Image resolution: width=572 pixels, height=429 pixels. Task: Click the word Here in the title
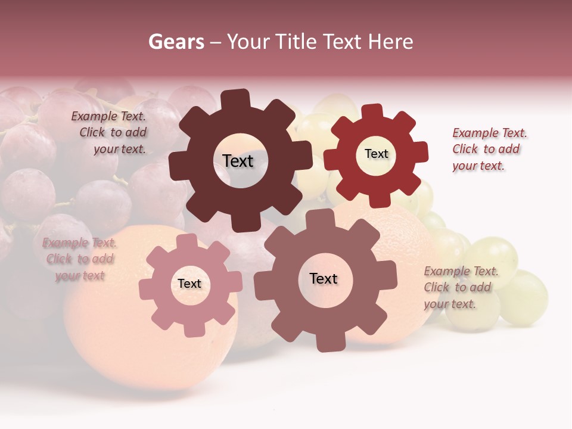coord(391,42)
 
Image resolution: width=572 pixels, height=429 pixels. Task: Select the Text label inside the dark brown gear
coord(238,161)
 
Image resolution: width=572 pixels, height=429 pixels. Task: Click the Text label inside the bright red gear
coord(376,154)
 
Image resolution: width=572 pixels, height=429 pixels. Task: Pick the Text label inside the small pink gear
coord(189,284)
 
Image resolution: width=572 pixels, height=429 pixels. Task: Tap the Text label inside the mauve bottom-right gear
coord(324,279)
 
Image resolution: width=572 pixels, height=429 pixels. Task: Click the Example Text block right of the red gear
coord(489,149)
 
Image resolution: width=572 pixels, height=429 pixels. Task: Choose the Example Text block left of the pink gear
coord(79,259)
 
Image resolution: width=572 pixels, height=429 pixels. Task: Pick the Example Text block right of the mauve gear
coord(461,287)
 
